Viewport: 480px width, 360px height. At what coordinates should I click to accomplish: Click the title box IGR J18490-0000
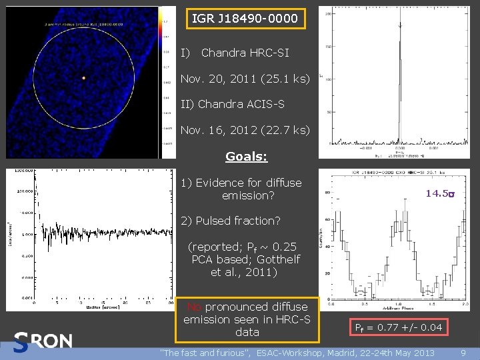coord(245,19)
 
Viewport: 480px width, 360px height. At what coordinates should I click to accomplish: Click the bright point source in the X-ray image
coord(84,78)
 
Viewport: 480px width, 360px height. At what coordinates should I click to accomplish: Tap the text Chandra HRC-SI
coord(245,52)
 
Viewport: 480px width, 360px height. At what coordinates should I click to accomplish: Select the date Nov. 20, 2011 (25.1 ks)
coord(245,79)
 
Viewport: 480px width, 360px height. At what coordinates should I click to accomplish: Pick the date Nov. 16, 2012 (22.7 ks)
coord(245,130)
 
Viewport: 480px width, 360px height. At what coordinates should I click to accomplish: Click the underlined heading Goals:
coord(246,157)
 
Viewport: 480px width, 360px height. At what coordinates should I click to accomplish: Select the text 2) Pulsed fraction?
coord(231,221)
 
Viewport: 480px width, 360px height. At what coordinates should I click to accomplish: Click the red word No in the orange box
coord(194,307)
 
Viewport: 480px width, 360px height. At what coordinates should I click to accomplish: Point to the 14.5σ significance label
coord(440,193)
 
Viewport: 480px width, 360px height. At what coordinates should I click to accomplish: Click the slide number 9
coord(463,353)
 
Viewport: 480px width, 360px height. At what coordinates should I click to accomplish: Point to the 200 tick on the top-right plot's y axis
coord(329,13)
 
